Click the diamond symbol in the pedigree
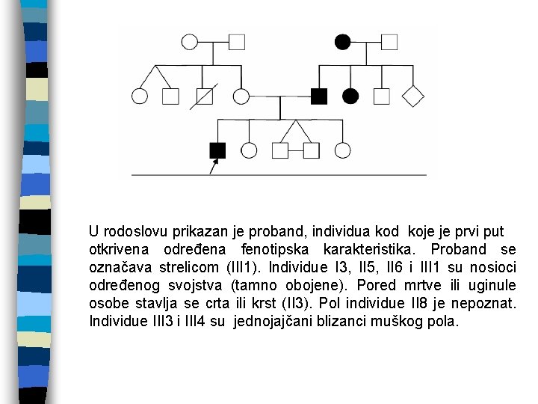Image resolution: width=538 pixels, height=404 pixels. click(x=413, y=96)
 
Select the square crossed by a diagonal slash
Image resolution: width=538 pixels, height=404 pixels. click(x=203, y=96)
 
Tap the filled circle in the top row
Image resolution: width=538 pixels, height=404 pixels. click(x=342, y=41)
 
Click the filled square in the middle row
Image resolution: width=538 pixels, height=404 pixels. click(x=319, y=96)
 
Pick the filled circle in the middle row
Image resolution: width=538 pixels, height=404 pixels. click(x=350, y=96)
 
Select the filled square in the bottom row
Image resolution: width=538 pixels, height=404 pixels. click(x=217, y=150)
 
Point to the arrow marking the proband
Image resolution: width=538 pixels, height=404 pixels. click(x=213, y=166)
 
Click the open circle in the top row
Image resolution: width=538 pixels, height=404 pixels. click(x=190, y=41)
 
